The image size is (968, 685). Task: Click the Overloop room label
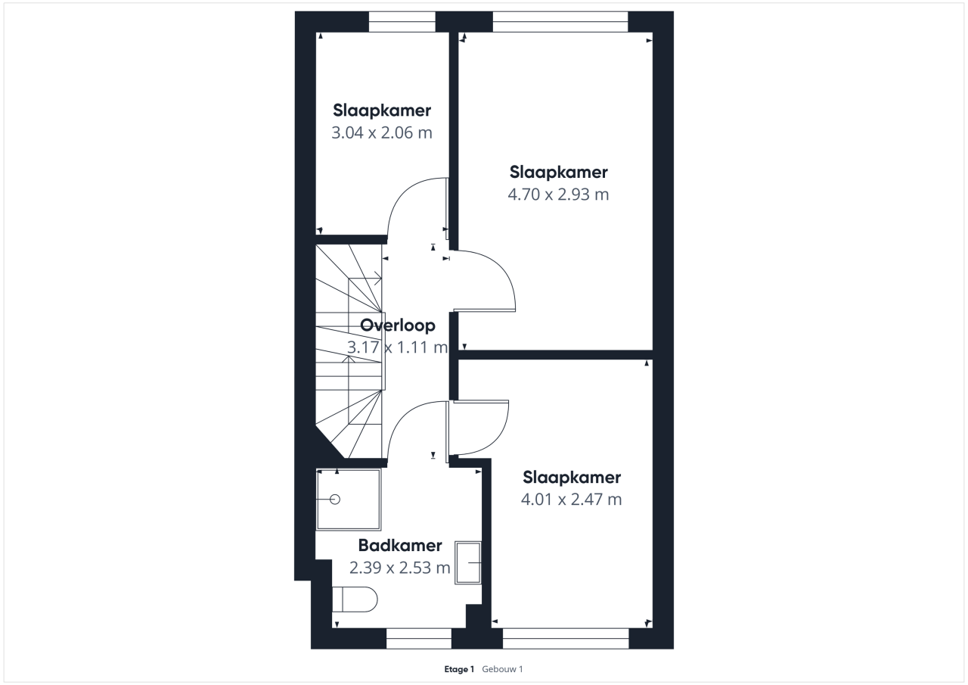click(398, 325)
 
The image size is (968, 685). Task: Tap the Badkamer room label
click(400, 545)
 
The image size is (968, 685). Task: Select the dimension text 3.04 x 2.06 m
click(382, 132)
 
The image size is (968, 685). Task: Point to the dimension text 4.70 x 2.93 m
click(558, 195)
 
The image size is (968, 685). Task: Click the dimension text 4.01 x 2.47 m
click(571, 499)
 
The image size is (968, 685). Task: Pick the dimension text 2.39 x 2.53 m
click(400, 568)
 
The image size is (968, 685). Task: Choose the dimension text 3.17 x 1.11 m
click(398, 347)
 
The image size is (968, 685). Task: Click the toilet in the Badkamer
click(355, 599)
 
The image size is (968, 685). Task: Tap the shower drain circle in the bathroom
click(335, 500)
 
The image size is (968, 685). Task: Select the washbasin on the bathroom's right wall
click(468, 562)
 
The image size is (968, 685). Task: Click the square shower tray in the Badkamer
click(349, 500)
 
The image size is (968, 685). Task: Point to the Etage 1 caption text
click(459, 669)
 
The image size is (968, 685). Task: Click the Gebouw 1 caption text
click(502, 669)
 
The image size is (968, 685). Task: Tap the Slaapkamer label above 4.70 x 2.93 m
click(558, 172)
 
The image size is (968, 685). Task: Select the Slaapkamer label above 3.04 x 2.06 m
click(382, 111)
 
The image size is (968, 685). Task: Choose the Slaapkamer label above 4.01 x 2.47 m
click(572, 478)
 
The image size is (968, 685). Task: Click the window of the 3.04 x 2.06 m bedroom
click(402, 22)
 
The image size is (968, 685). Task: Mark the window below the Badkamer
click(419, 638)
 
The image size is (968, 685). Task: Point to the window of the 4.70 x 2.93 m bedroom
click(560, 22)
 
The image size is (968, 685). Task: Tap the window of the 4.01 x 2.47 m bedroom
click(566, 638)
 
